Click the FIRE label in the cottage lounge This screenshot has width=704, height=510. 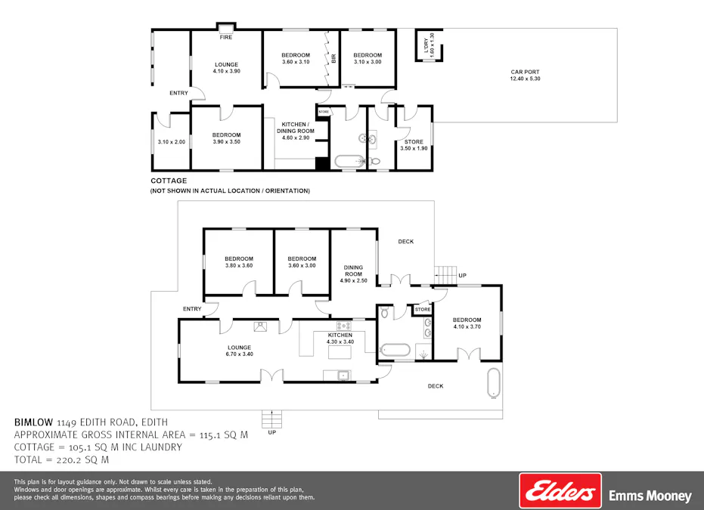click(x=225, y=37)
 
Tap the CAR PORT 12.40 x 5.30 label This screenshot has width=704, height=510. click(x=525, y=76)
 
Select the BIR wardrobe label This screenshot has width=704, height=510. click(x=333, y=58)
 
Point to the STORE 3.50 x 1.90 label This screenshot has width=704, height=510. click(x=414, y=145)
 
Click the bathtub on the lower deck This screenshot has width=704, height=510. click(x=495, y=382)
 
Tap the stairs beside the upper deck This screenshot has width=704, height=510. click(x=448, y=272)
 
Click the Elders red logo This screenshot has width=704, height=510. click(x=560, y=491)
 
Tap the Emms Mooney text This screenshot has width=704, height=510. click(x=650, y=496)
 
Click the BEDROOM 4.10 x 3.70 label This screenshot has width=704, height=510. click(x=467, y=323)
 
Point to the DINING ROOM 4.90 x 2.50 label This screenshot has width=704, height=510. click(x=353, y=274)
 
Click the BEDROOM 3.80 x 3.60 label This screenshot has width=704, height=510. click(x=238, y=261)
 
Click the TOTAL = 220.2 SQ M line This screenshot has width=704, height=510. click(x=62, y=459)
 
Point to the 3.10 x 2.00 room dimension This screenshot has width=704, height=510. click(x=171, y=142)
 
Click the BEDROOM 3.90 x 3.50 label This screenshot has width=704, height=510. click(x=226, y=138)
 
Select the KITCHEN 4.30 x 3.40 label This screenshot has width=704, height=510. click(x=340, y=338)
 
